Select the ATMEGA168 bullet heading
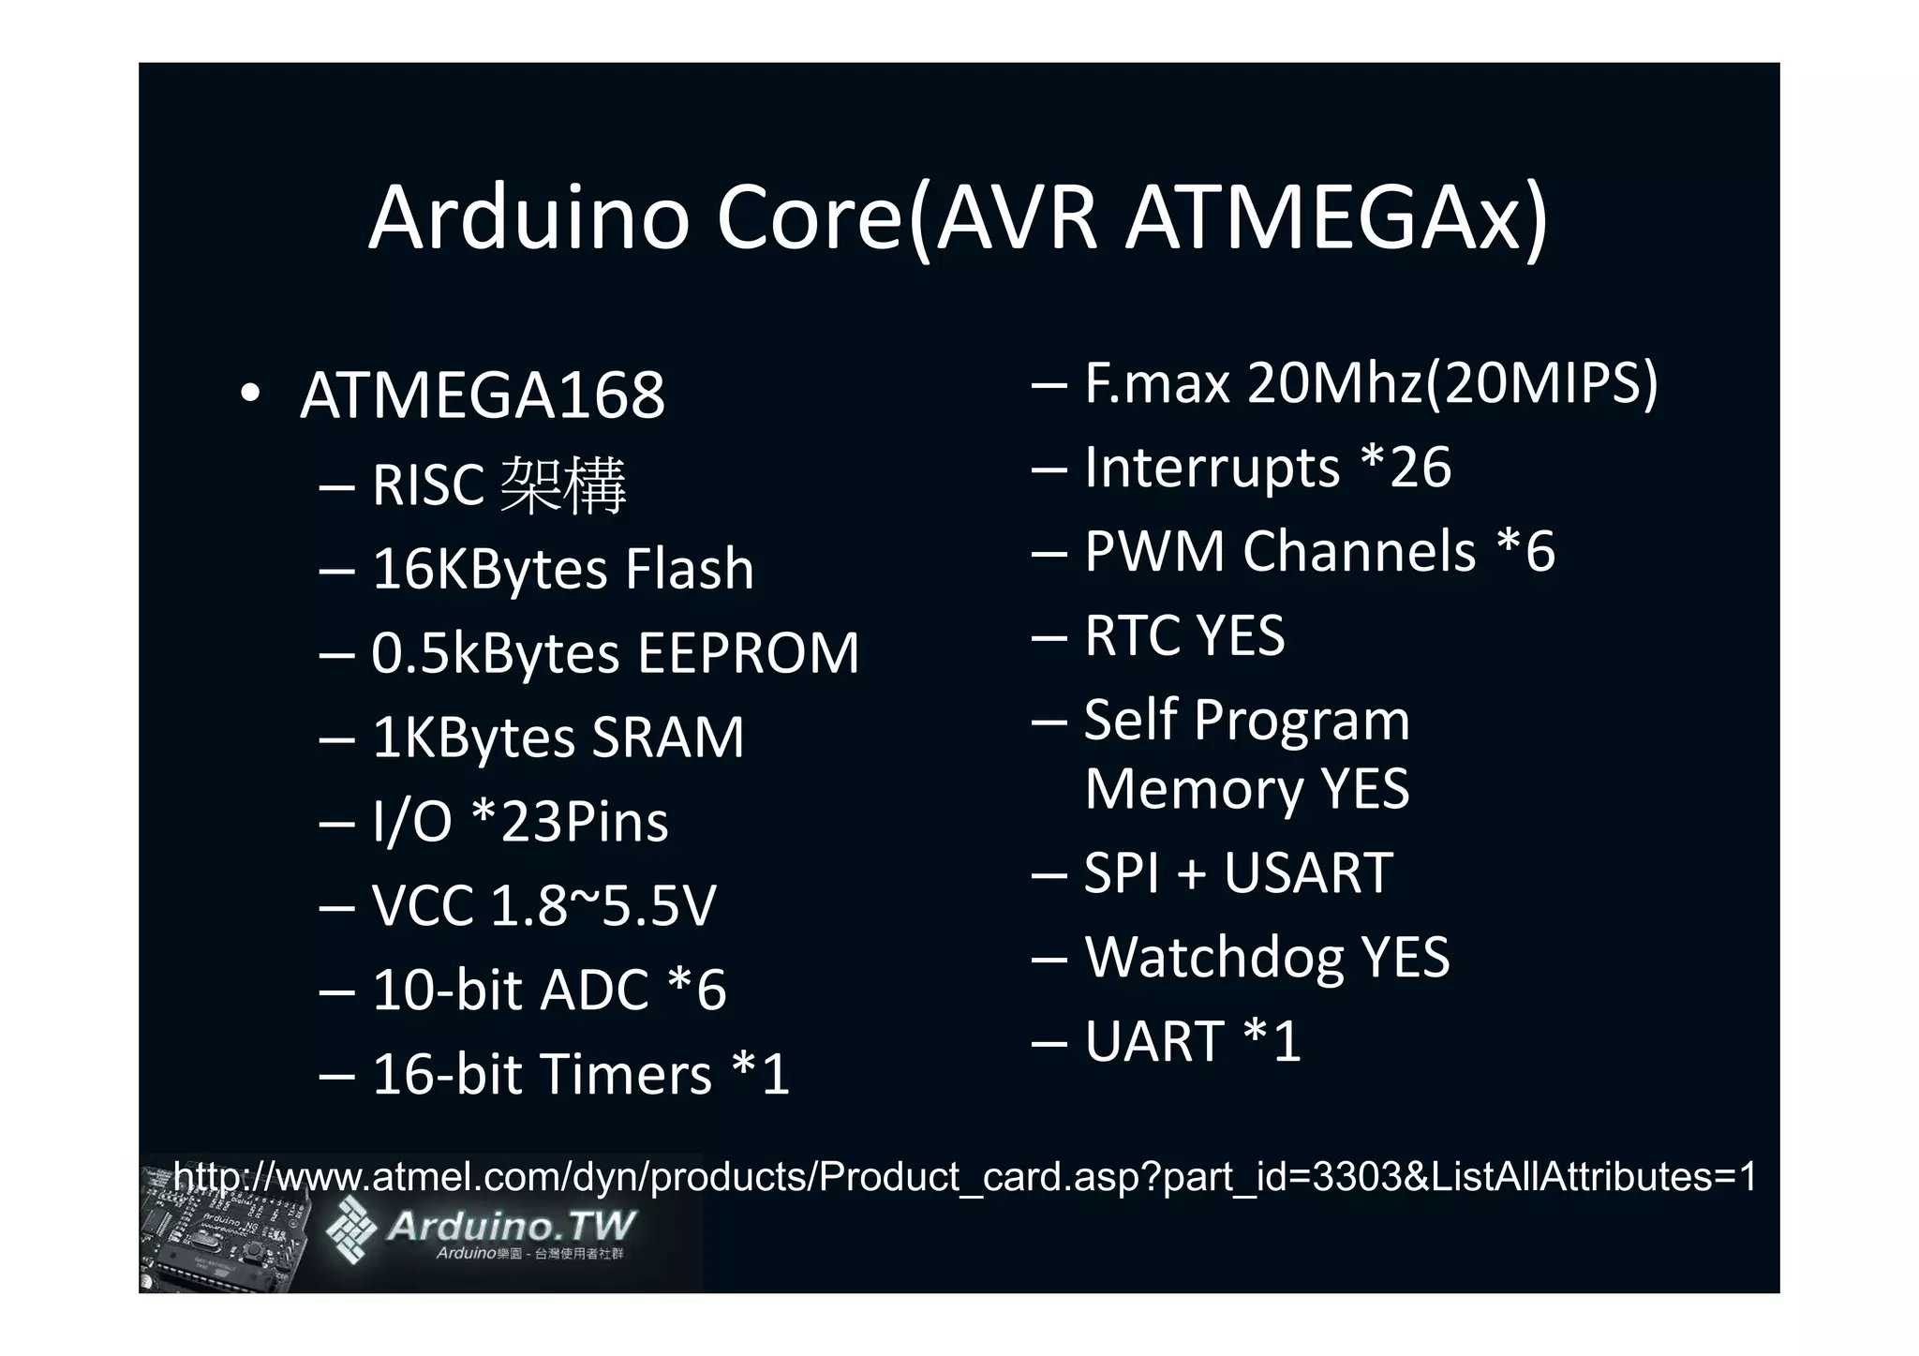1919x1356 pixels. (x=482, y=395)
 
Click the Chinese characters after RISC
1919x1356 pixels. (x=563, y=485)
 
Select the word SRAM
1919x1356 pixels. (x=667, y=738)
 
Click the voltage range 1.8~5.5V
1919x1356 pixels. (x=602, y=906)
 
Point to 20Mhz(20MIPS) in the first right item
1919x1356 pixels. (x=1452, y=382)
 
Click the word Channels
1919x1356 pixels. (x=1359, y=551)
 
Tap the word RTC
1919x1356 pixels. (x=1132, y=635)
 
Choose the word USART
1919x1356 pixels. (x=1308, y=873)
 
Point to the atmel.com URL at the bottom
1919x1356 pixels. (x=965, y=1177)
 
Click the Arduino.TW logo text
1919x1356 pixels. (x=511, y=1226)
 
